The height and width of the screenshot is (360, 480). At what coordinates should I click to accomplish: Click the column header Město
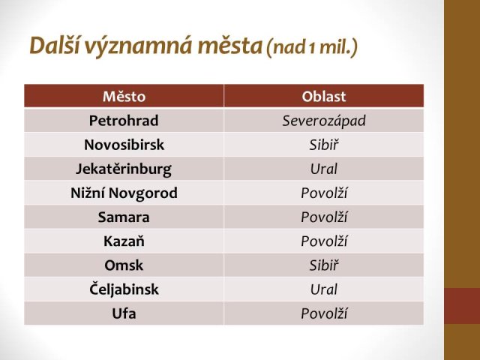pyautogui.click(x=124, y=97)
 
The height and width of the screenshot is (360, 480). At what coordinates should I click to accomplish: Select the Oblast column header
pyautogui.click(x=324, y=97)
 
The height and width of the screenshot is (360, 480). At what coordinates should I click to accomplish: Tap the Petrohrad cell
pyautogui.click(x=124, y=120)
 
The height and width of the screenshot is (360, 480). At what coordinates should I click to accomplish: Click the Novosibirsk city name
pyautogui.click(x=124, y=145)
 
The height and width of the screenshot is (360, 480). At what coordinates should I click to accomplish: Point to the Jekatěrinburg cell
pyautogui.click(x=124, y=169)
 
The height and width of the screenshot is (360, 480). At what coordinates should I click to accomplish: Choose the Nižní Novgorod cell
pyautogui.click(x=124, y=193)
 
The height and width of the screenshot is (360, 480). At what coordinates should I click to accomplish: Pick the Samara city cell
pyautogui.click(x=124, y=217)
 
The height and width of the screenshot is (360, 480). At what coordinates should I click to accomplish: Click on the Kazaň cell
pyautogui.click(x=124, y=241)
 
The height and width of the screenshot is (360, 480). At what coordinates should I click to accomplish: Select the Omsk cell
pyautogui.click(x=124, y=265)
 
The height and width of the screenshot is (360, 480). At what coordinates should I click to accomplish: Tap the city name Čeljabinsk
pyautogui.click(x=124, y=289)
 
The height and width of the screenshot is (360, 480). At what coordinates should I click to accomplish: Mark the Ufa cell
pyautogui.click(x=124, y=313)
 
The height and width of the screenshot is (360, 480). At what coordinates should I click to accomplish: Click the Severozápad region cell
pyautogui.click(x=324, y=121)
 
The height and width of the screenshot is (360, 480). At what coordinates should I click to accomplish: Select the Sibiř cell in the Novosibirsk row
pyautogui.click(x=324, y=145)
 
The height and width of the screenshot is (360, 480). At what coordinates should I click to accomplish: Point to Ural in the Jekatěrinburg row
pyautogui.click(x=324, y=169)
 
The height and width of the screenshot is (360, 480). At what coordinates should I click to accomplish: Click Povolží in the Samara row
pyautogui.click(x=324, y=217)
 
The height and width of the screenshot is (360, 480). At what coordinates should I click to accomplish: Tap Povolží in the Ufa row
pyautogui.click(x=324, y=313)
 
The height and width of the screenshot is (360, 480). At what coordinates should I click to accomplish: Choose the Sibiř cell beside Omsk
pyautogui.click(x=324, y=265)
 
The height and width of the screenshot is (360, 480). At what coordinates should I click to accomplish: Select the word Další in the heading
pyautogui.click(x=55, y=45)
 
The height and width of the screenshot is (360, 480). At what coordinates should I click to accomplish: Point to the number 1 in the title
pyautogui.click(x=312, y=48)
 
